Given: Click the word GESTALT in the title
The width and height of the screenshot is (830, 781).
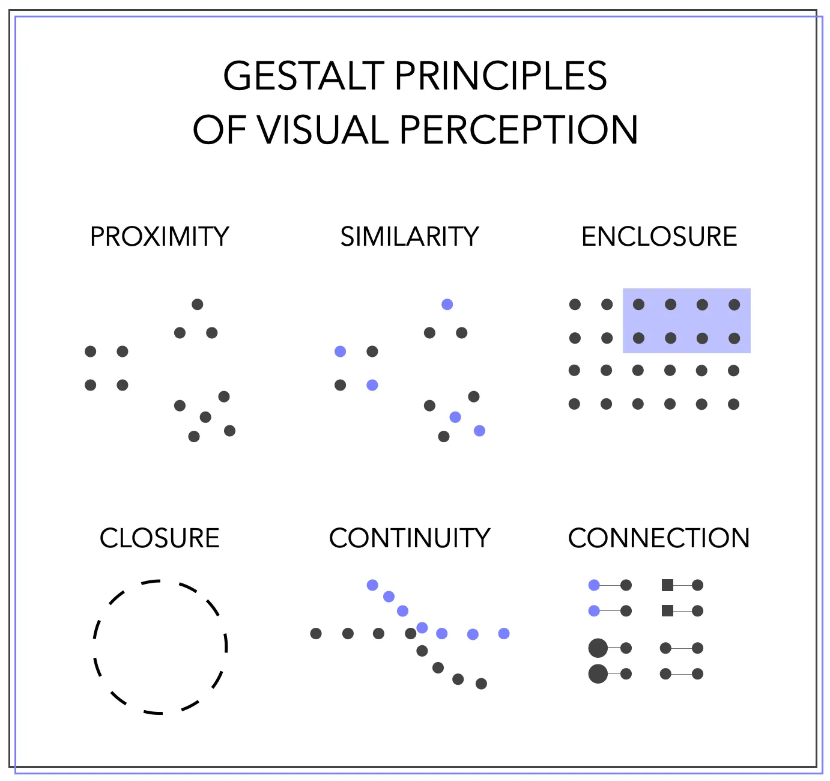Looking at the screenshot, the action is (303, 76).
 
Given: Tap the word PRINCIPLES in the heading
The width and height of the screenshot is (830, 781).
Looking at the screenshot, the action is (501, 76).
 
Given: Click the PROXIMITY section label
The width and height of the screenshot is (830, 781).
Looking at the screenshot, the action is (160, 237).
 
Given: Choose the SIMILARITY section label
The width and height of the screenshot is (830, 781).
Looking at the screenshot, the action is (410, 237).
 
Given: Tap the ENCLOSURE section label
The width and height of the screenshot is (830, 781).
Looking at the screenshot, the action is (659, 237).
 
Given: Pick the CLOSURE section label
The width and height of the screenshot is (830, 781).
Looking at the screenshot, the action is (160, 538).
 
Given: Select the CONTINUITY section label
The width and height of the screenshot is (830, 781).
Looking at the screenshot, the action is (410, 538).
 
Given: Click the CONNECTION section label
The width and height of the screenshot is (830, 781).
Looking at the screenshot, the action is (659, 538).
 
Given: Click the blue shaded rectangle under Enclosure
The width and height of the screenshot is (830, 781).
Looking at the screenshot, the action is (686, 321).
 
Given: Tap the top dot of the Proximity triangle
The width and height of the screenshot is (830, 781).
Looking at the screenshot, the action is (197, 305).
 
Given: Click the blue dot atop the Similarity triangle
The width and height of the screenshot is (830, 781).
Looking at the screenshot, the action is (447, 305).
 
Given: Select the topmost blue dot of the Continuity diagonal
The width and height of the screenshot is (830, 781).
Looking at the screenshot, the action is (372, 585).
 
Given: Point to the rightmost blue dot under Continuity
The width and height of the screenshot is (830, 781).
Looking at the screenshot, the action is (504, 633).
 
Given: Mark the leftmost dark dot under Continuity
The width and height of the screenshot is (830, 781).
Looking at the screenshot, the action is (316, 633).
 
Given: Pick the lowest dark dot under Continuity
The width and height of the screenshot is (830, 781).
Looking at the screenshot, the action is (482, 684).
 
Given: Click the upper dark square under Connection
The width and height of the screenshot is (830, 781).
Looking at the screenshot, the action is (667, 585).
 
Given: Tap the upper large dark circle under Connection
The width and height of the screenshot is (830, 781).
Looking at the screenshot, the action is (598, 648).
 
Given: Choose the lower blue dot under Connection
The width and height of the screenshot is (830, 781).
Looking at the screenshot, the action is (595, 611).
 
